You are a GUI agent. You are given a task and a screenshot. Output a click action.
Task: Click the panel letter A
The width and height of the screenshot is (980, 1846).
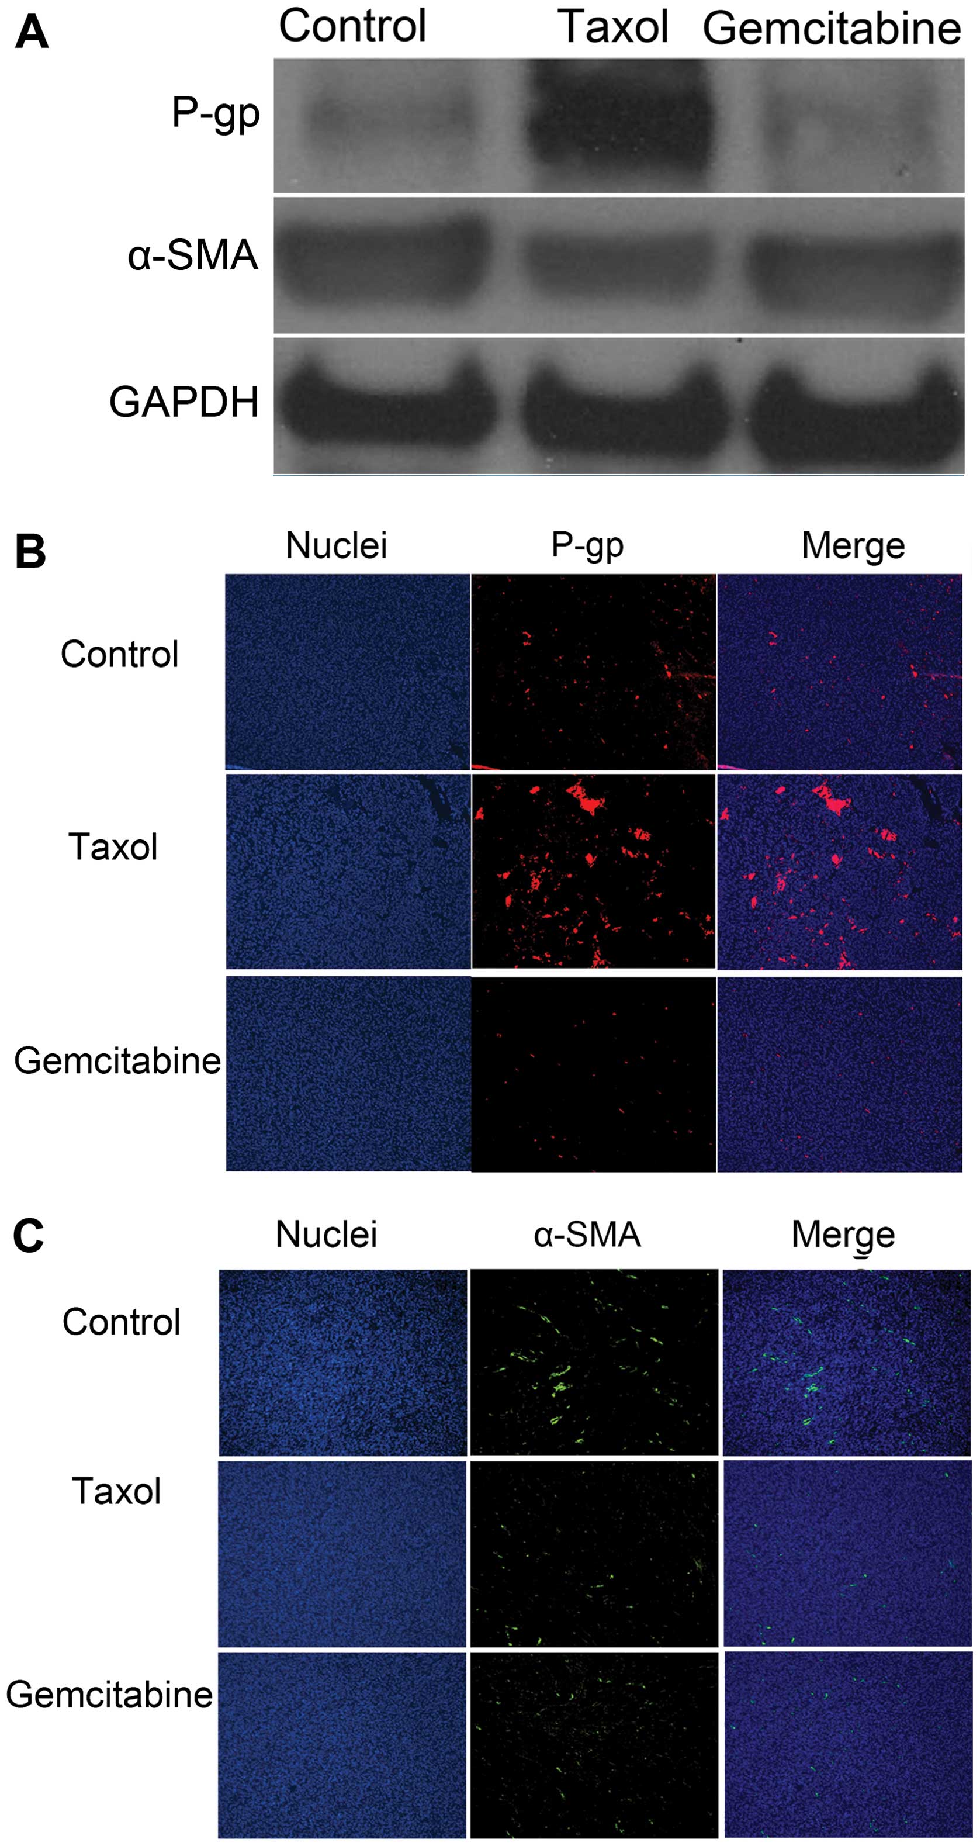[32, 33]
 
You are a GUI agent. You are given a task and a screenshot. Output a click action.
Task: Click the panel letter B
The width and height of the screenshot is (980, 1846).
[30, 552]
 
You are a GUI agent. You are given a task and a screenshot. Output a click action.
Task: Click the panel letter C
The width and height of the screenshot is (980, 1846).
[29, 1236]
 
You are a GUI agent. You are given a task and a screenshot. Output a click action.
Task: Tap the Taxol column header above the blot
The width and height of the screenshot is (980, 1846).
[612, 27]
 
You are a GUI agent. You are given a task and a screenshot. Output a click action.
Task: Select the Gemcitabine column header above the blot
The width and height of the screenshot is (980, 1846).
[831, 29]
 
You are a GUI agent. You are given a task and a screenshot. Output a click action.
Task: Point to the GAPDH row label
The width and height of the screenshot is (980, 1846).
[184, 402]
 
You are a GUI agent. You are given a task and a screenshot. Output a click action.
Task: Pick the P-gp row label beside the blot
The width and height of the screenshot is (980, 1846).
[215, 113]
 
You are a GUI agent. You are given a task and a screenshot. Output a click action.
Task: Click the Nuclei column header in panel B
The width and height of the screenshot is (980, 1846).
[336, 545]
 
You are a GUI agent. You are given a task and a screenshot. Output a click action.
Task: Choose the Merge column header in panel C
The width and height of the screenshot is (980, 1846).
[843, 1235]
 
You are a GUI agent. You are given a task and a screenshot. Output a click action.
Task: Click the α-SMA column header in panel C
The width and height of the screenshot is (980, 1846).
[587, 1235]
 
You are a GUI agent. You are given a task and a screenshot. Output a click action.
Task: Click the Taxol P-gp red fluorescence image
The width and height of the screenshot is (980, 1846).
[593, 872]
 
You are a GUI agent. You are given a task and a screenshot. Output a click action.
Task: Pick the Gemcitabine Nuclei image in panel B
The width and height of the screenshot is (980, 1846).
[348, 1073]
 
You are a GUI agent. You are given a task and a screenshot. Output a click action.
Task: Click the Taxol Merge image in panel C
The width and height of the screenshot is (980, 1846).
[847, 1554]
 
